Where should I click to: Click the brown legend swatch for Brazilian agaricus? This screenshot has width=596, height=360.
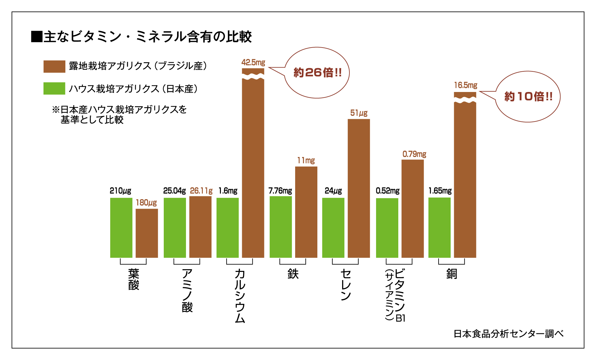pos(54,67)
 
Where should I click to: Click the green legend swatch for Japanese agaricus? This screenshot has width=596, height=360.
pos(54,88)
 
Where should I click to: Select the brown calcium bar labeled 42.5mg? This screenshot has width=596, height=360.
pos(253,168)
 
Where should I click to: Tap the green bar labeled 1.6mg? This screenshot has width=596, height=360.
pos(228,228)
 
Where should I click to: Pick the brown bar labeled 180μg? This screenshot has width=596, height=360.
pos(147,233)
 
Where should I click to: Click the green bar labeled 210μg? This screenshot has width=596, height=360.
pos(121,228)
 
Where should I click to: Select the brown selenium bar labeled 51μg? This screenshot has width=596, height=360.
pos(359,188)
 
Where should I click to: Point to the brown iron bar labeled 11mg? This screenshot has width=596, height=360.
pos(306,212)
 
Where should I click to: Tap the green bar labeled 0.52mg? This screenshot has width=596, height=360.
pos(387,228)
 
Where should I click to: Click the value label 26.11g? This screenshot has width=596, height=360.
pos(201,191)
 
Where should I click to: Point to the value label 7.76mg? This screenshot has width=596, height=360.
pos(280,191)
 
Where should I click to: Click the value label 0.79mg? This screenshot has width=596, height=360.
pos(414,154)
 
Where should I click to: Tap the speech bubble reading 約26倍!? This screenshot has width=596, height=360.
pos(317,73)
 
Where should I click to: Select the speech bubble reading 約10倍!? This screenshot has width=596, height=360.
pos(528,96)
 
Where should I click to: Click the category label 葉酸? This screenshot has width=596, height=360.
pos(134,279)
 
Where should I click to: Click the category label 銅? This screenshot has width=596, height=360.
pos(452,274)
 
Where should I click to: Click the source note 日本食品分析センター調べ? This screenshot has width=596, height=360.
pos(508,334)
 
